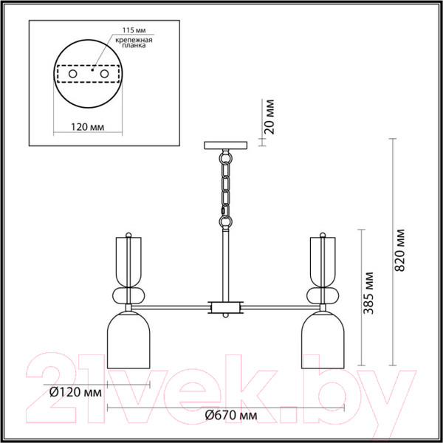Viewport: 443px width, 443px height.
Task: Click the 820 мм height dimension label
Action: [x=399, y=250]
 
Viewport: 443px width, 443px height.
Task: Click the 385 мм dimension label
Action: [x=368, y=293]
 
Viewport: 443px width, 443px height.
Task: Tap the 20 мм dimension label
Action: [x=269, y=117]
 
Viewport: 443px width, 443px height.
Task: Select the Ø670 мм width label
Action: [x=231, y=415]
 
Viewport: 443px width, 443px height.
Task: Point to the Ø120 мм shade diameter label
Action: [x=76, y=393]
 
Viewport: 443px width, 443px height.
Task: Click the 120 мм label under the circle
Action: [x=87, y=127]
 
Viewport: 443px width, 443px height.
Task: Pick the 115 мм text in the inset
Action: [x=134, y=30]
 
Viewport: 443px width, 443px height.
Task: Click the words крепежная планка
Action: [x=134, y=42]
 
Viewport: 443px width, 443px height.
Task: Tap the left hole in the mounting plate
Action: [x=72, y=74]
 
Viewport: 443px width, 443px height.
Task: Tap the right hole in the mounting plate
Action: [x=104, y=74]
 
